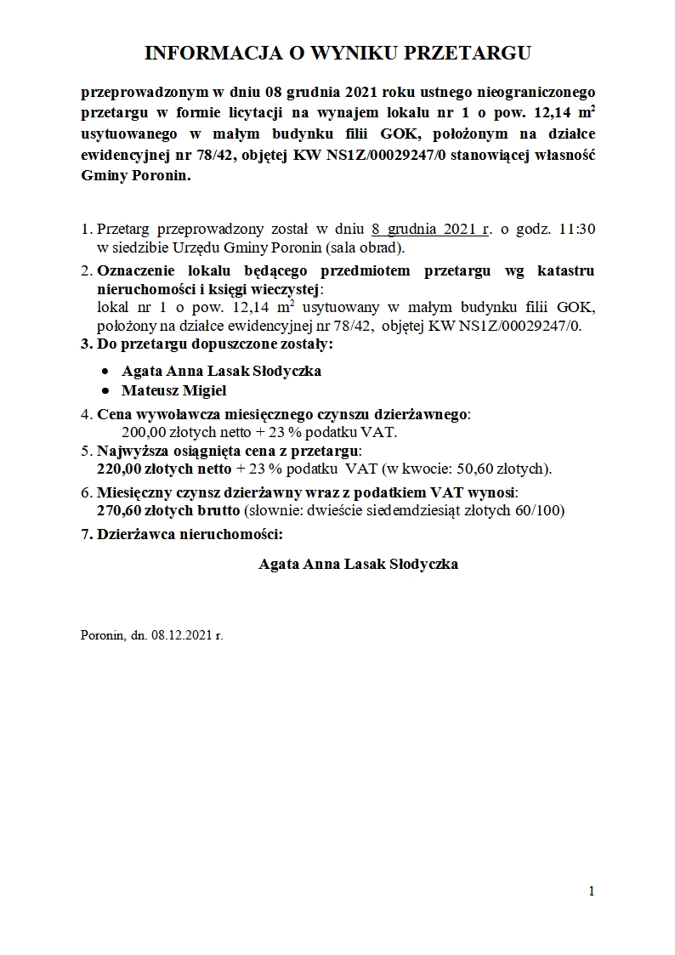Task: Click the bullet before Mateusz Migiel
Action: click(x=105, y=391)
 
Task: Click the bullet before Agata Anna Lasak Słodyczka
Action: click(x=105, y=372)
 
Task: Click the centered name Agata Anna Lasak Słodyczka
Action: click(x=358, y=564)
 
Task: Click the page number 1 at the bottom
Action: click(x=591, y=890)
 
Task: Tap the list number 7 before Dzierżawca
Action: click(x=86, y=535)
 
